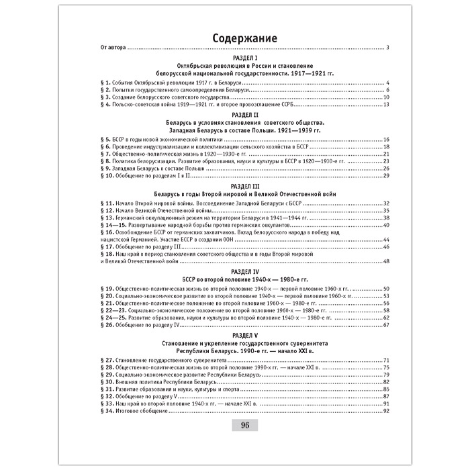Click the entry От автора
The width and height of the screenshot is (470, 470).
pos(112,48)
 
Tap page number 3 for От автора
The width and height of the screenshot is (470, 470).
pos(388,48)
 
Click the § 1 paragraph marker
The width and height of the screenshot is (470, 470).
pos(105,82)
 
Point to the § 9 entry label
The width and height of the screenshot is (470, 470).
pos(105,168)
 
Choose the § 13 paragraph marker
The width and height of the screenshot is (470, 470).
pos(107,218)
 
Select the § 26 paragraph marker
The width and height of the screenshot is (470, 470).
pos(107,325)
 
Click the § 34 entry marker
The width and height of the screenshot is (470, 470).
pos(107,411)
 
